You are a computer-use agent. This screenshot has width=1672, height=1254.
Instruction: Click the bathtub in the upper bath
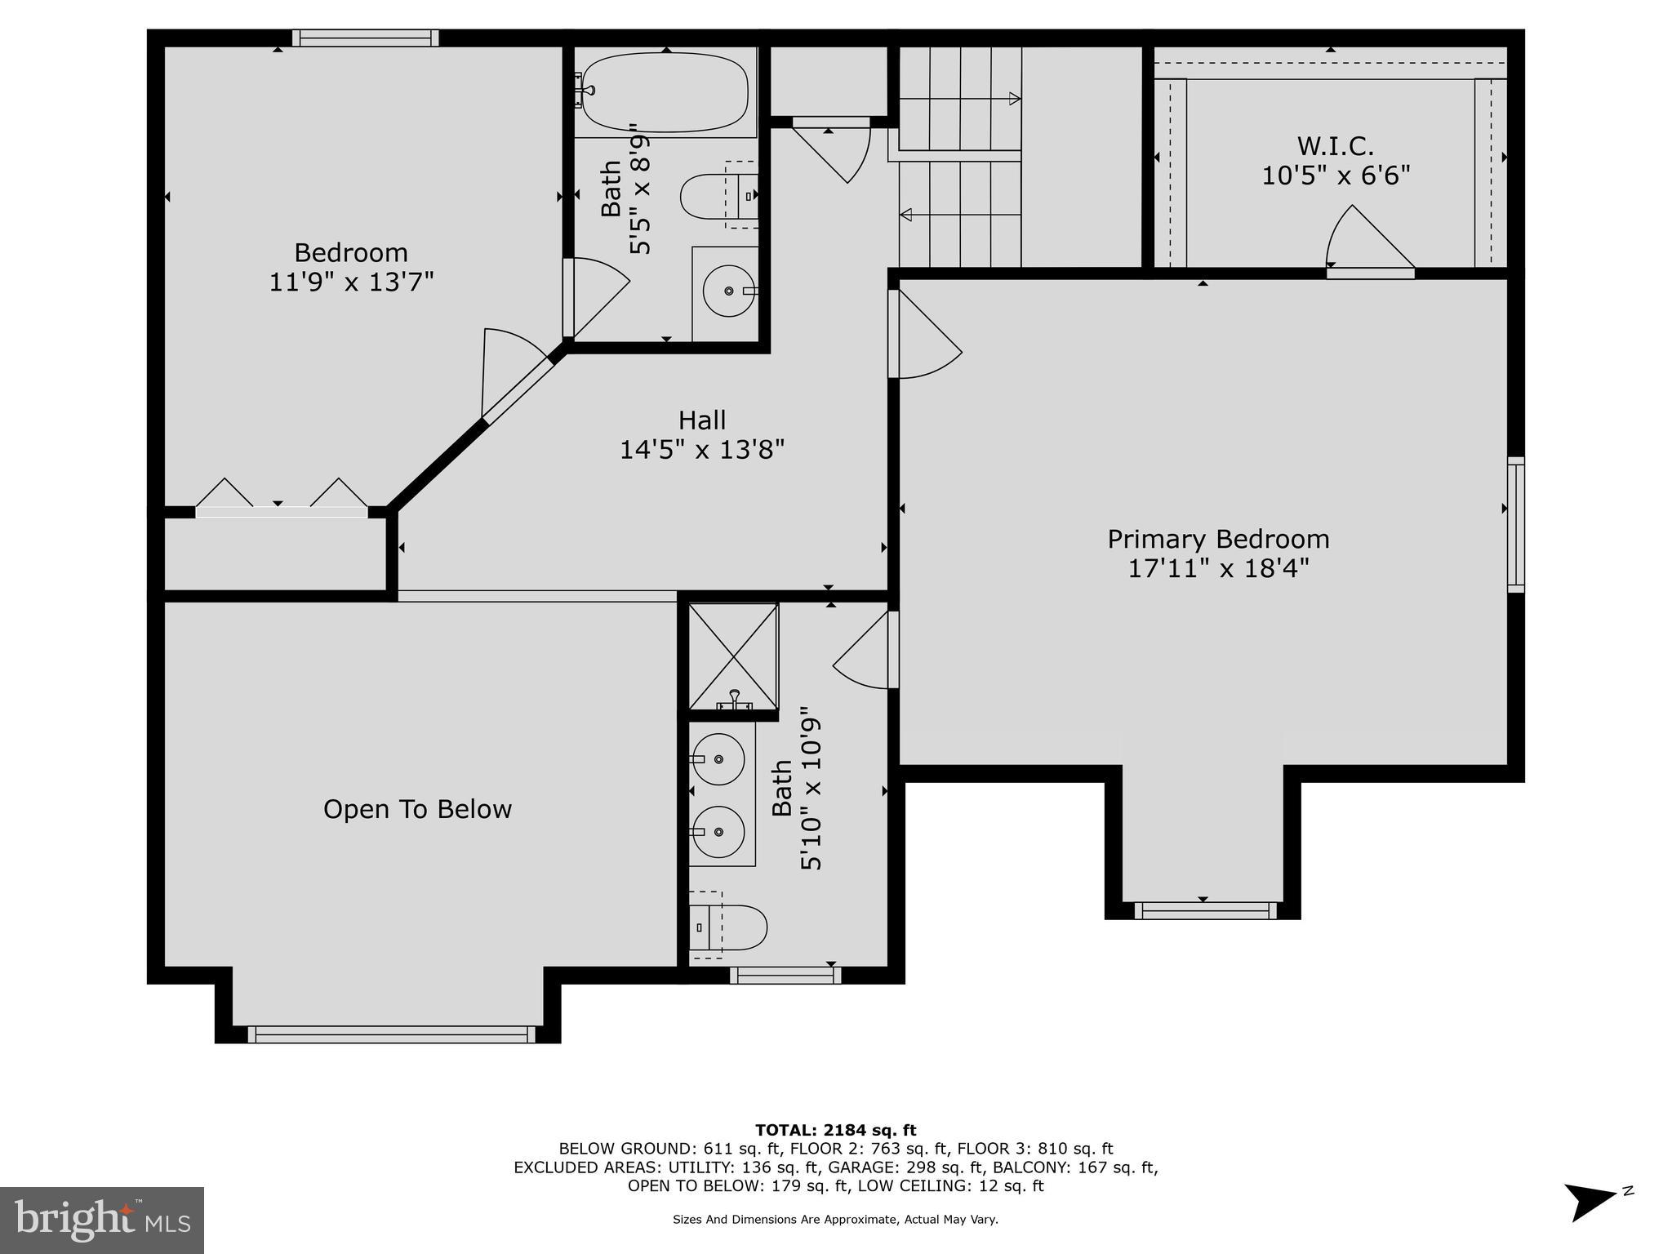click(665, 92)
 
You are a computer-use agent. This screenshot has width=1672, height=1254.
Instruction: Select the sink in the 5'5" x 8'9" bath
click(728, 291)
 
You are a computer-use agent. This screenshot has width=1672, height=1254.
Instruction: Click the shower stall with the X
click(733, 656)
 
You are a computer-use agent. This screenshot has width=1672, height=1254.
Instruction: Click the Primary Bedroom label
click(1218, 540)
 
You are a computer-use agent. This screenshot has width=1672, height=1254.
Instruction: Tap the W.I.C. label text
click(1335, 147)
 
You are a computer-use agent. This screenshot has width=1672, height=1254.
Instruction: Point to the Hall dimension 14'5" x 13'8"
click(701, 450)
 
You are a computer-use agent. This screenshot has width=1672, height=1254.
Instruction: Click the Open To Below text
click(417, 809)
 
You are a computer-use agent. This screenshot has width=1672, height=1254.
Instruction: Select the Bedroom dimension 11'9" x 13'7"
click(351, 282)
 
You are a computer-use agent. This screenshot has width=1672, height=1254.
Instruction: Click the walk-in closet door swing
click(1367, 241)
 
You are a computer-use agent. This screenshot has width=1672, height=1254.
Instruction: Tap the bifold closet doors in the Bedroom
click(281, 498)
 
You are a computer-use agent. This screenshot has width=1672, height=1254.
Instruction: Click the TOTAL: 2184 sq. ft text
click(835, 1130)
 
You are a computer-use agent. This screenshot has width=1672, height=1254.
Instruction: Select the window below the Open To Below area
click(391, 1034)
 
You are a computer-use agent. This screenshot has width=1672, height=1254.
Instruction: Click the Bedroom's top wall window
click(365, 38)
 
